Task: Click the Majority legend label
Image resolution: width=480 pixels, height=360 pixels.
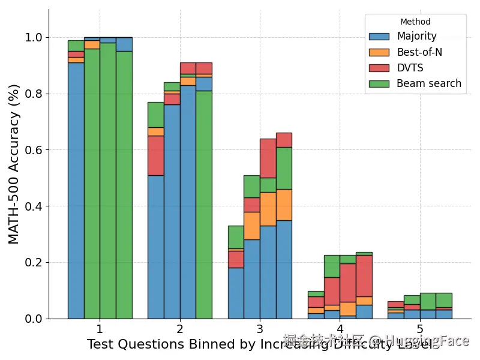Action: [x=416, y=37]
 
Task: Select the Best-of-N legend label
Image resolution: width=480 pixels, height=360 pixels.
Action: [x=419, y=52]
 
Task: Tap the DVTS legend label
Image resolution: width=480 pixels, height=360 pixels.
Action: [x=410, y=68]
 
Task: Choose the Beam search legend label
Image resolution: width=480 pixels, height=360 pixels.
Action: [x=429, y=83]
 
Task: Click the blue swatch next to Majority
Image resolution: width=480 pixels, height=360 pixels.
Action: [x=379, y=37]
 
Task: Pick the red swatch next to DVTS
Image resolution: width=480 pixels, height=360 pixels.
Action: [x=379, y=68]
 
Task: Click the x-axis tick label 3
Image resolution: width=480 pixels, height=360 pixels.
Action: [x=260, y=329]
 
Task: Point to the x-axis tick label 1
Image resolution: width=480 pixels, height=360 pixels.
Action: [x=100, y=329]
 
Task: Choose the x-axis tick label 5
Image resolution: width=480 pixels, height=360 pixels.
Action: [x=420, y=329]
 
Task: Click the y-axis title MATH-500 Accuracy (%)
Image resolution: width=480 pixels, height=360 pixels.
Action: [x=14, y=164]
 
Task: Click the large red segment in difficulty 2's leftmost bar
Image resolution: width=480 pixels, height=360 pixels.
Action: [x=155, y=155]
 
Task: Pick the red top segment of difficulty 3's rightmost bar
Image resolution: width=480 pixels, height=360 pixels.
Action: [x=284, y=140]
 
